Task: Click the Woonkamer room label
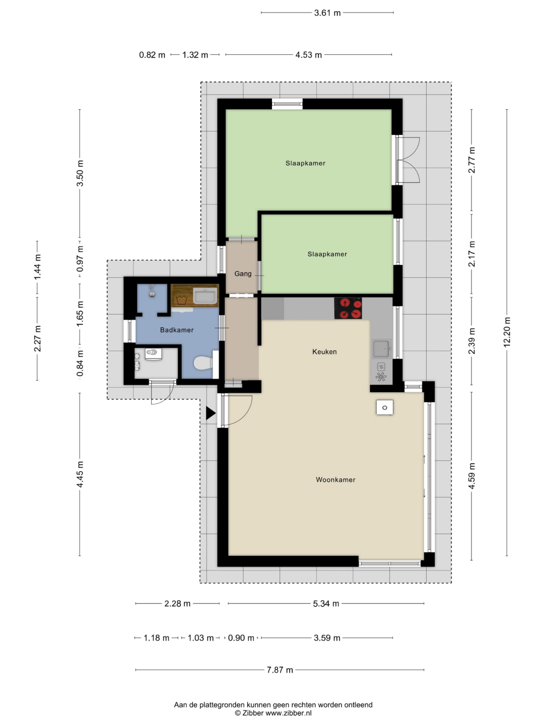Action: [335, 480]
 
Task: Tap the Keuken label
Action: [324, 352]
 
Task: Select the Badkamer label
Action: [177, 330]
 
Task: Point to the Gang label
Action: [243, 274]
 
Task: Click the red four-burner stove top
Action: [348, 308]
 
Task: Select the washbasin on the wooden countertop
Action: [205, 296]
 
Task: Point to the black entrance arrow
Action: [211, 413]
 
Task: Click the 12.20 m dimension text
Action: [507, 332]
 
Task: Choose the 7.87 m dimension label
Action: [280, 670]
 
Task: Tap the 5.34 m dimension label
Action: [326, 604]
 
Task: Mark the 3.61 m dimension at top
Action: [327, 13]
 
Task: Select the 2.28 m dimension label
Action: [177, 604]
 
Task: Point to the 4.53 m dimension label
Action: [308, 55]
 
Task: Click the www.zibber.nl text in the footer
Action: [288, 713]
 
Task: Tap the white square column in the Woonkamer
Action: [384, 408]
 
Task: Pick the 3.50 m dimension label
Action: [80, 173]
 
